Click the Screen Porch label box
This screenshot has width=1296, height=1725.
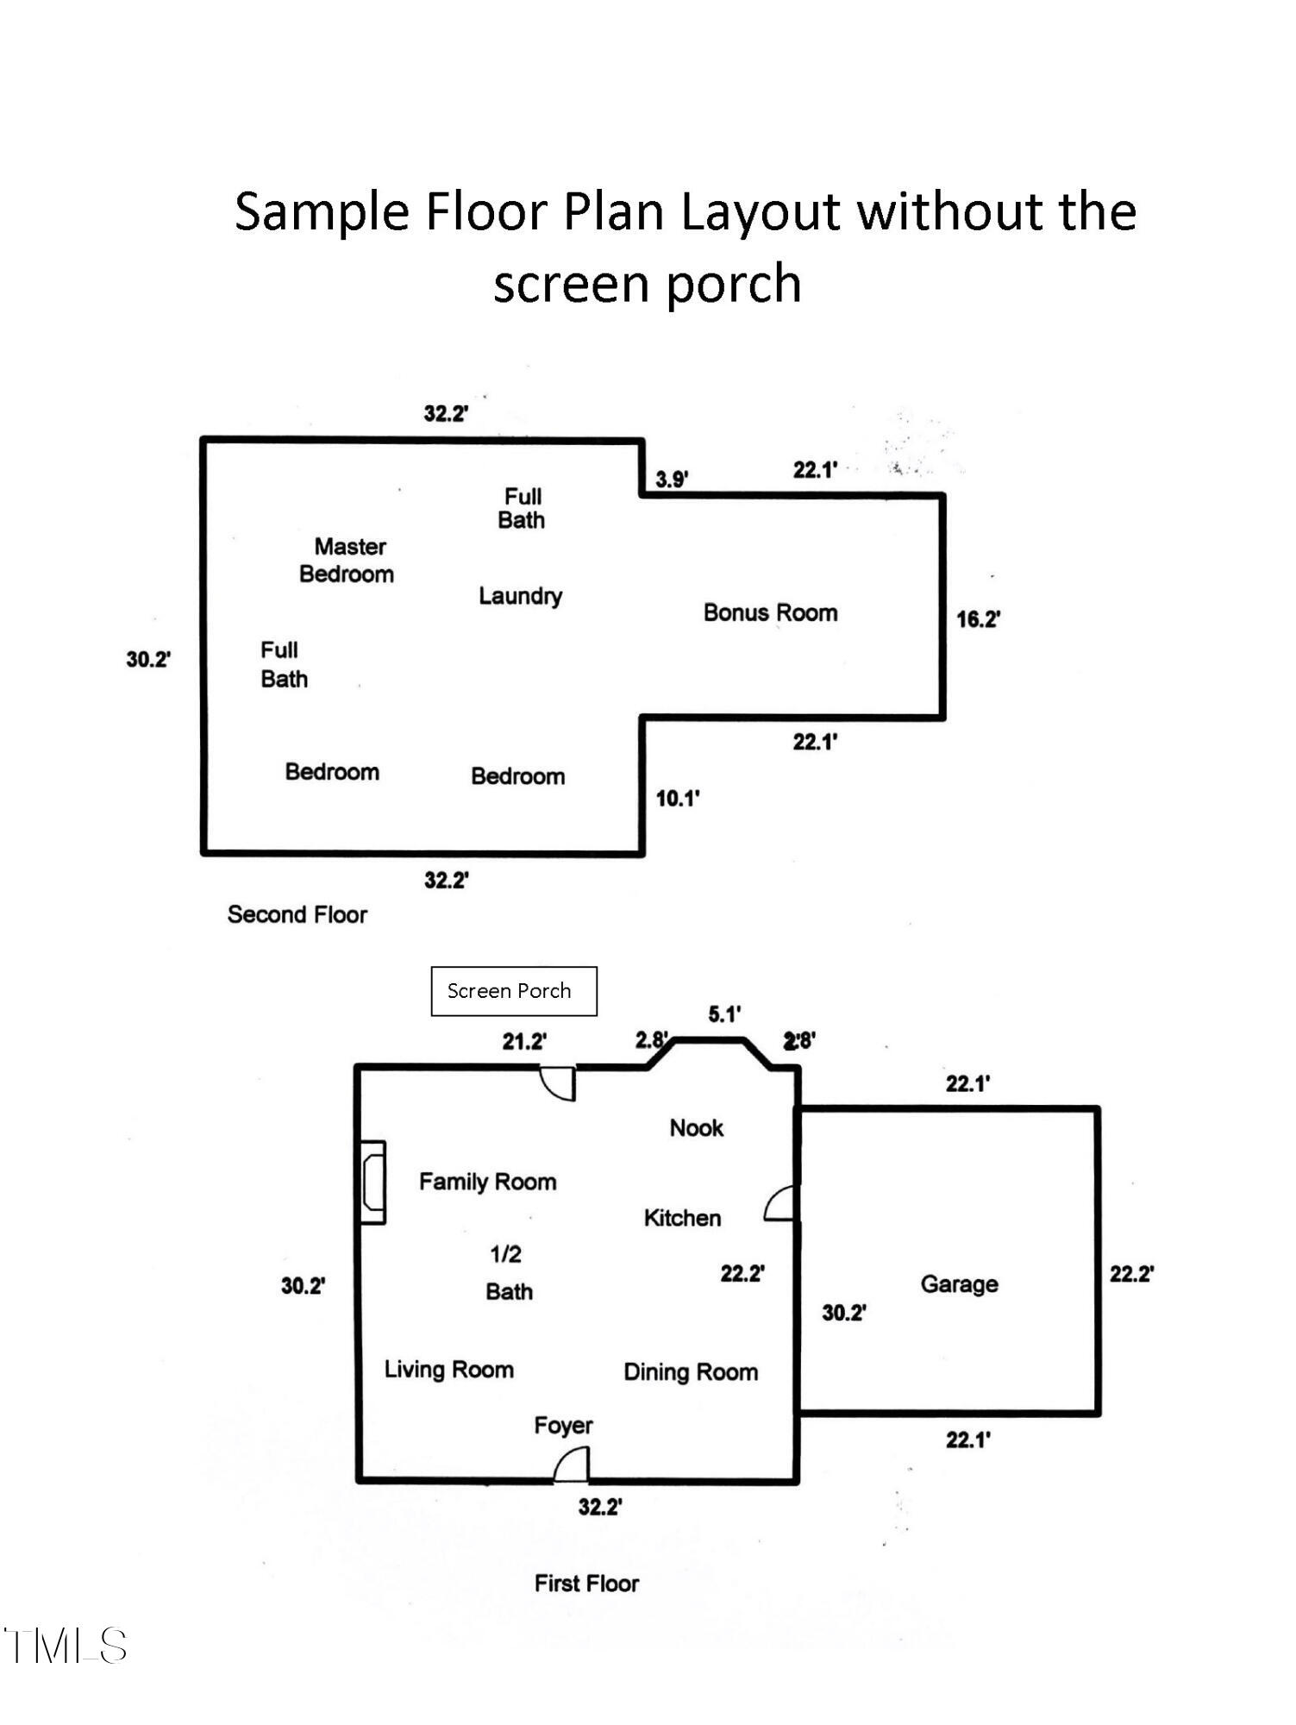[x=513, y=991]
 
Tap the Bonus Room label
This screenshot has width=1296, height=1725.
[x=770, y=612]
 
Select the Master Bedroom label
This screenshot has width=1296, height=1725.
[x=347, y=560]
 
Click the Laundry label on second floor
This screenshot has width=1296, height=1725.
[x=520, y=596]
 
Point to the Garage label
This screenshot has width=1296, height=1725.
[x=959, y=1284]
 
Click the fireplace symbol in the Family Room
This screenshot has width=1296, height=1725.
[x=373, y=1182]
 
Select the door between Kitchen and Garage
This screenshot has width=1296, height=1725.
[x=780, y=1203]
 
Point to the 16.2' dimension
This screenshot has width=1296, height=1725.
[x=978, y=619]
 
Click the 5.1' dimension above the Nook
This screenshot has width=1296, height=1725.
[x=724, y=1014]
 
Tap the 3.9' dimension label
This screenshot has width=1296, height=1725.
[x=672, y=480]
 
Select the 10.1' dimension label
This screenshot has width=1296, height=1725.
[x=677, y=799]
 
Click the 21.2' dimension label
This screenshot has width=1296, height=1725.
[x=524, y=1042]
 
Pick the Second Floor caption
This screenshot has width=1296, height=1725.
[x=297, y=914]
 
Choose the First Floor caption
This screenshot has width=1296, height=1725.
[x=586, y=1584]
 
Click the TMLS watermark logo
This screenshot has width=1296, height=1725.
[x=66, y=1646]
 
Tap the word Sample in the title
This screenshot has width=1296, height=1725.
[x=322, y=211]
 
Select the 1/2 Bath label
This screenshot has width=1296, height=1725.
[x=508, y=1272]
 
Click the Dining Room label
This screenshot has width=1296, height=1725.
[x=691, y=1372]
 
